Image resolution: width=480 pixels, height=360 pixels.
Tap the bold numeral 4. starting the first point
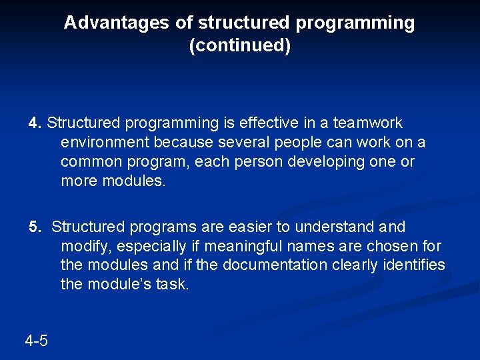point(35,123)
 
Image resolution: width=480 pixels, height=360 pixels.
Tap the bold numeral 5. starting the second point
point(35,227)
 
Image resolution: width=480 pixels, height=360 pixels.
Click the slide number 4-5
point(36,341)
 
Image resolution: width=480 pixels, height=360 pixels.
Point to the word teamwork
point(368,123)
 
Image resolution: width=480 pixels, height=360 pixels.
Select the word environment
point(103,143)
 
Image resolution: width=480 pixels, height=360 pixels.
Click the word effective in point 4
point(250,123)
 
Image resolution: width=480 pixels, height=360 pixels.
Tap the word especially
point(147,247)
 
